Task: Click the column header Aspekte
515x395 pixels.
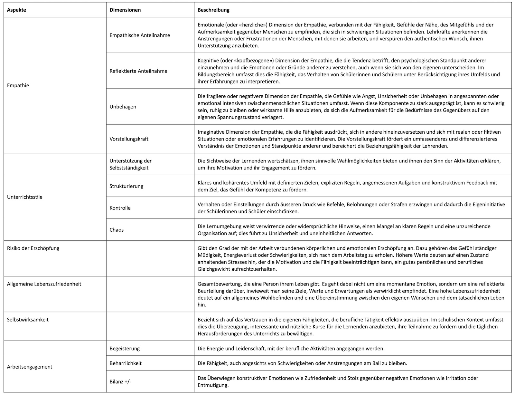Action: click(16, 10)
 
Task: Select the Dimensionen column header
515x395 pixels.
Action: click(125, 10)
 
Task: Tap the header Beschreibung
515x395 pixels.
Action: click(213, 10)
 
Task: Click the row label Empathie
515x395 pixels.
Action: click(18, 85)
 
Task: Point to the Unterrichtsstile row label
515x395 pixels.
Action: click(25, 197)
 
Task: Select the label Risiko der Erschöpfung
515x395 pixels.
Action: click(33, 248)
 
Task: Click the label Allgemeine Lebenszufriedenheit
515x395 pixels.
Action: click(44, 284)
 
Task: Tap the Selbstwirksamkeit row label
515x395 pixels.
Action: click(28, 320)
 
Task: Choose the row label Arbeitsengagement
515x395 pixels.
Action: click(30, 367)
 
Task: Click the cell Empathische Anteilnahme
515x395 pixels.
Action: click(140, 35)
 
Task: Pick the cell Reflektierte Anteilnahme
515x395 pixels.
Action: click(138, 71)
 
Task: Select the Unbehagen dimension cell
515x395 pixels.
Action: click(123, 107)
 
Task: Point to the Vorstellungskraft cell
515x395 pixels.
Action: click(129, 139)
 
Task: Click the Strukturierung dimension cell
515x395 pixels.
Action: click(126, 186)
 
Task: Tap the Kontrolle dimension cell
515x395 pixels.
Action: click(120, 208)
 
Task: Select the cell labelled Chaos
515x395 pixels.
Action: click(117, 230)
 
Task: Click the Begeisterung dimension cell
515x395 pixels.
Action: click(125, 348)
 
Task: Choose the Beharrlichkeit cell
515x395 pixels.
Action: click(126, 363)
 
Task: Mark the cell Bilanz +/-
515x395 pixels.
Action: click(120, 381)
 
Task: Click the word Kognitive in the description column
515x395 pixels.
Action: click(208, 60)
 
